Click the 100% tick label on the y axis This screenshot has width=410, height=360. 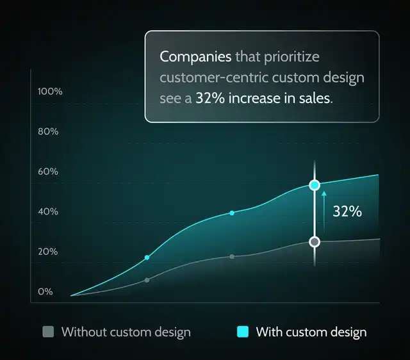pos(50,92)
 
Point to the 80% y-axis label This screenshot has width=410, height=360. pos(49,131)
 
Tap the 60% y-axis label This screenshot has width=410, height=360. pos(49,172)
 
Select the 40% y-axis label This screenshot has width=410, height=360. pos(49,211)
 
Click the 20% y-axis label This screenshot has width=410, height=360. pos(48,252)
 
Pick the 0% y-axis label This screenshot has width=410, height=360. pos(45,292)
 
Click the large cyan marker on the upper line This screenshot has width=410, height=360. pos(315,185)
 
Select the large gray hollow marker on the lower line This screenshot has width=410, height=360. pos(315,241)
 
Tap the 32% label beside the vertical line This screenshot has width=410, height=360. pos(347,211)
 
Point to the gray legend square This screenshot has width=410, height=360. pos(47,332)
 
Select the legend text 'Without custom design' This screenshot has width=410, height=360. pos(126,332)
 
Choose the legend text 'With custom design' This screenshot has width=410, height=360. pos(311,332)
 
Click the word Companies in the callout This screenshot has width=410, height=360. pos(195,56)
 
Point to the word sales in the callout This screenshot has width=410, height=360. pos(317,99)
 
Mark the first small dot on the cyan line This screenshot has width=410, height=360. pos(147,258)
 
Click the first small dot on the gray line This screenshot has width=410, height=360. pos(147,280)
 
